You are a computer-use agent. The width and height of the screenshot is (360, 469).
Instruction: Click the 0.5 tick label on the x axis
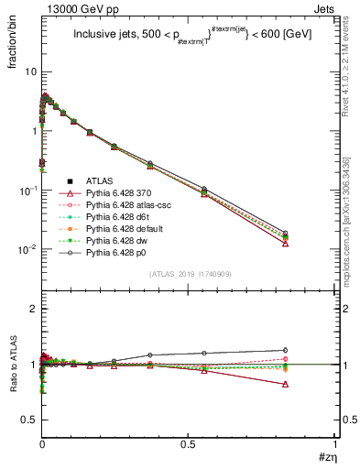(x=189, y=443)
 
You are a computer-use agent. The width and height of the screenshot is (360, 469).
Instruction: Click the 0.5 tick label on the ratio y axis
(x=28, y=420)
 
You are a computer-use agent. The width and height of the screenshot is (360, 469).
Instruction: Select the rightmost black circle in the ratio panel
(x=285, y=350)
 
